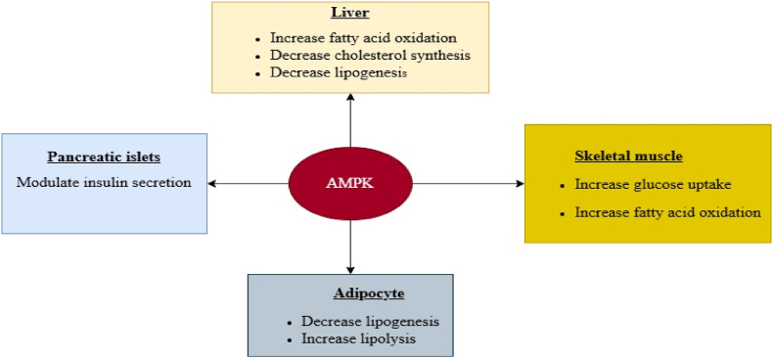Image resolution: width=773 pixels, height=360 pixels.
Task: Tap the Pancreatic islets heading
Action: tap(103, 157)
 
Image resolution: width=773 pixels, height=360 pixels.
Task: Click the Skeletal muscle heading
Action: tap(628, 156)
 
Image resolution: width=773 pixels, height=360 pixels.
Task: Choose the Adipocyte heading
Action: tap(349, 292)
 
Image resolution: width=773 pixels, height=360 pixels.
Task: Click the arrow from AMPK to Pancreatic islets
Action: tap(249, 183)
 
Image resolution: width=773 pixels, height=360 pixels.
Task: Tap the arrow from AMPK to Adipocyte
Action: tap(349, 245)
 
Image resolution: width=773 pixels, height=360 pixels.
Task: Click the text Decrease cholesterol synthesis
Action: tap(369, 55)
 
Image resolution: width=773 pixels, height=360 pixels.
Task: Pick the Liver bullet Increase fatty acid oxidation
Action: tap(363, 37)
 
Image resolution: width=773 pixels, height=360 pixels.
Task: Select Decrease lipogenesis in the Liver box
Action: tap(339, 72)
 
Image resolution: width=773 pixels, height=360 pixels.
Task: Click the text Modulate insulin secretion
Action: tap(104, 182)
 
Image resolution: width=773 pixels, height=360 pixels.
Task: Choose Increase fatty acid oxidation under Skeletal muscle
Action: tap(667, 211)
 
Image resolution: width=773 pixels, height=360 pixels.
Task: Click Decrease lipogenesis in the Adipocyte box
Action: tap(369, 321)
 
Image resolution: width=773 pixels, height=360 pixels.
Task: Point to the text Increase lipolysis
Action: tap(358, 338)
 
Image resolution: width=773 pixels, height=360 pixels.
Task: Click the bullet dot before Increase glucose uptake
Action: tap(564, 184)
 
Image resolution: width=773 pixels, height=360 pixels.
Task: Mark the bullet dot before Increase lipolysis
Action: tap(291, 339)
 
